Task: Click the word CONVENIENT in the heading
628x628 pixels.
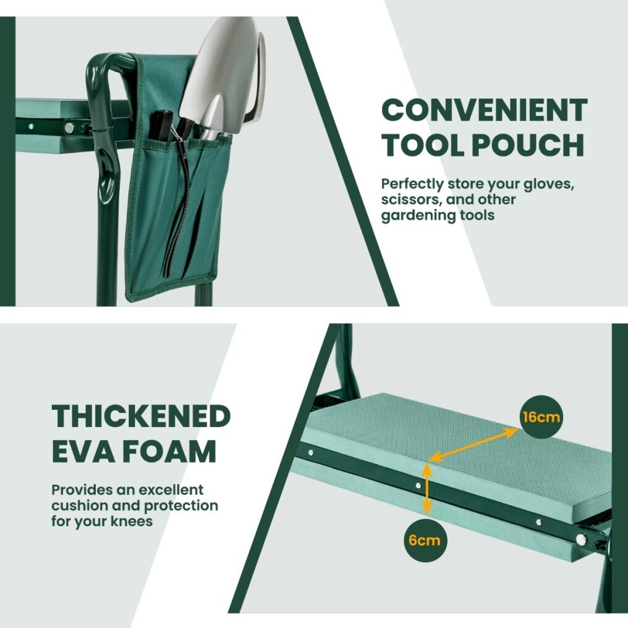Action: pyautogui.click(x=484, y=110)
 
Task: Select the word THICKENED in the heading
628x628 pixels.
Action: pyautogui.click(x=141, y=416)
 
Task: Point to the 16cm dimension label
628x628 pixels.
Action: pyautogui.click(x=541, y=417)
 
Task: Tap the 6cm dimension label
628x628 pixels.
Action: pyautogui.click(x=424, y=540)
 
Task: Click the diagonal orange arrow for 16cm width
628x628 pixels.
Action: pyautogui.click(x=473, y=444)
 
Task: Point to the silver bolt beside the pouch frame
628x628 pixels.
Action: pyautogui.click(x=69, y=128)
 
